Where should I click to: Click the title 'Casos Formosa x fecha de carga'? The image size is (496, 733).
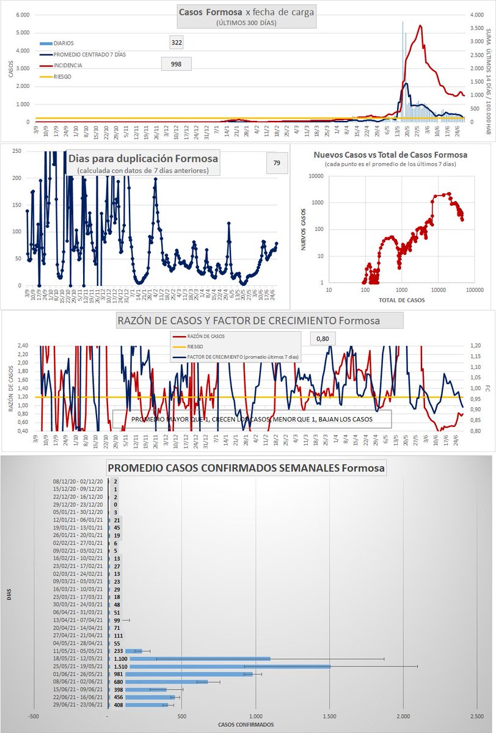tap(247, 12)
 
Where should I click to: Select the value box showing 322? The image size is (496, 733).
tap(177, 42)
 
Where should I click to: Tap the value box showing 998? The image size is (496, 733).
tap(176, 64)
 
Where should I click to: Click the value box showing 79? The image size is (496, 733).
tap(276, 162)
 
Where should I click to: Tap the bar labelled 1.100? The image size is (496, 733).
tap(189, 658)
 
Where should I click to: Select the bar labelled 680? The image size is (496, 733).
tap(159, 681)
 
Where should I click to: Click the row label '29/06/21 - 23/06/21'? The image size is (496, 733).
tap(79, 704)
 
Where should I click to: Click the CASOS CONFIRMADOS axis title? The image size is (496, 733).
tap(246, 725)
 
